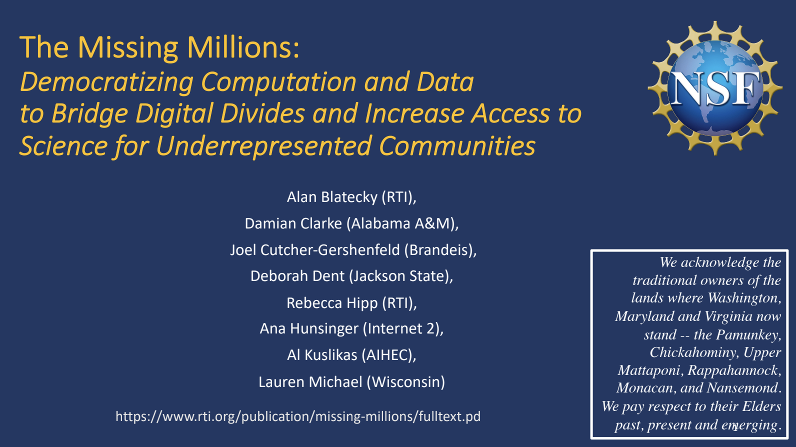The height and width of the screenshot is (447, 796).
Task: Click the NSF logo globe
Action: (x=715, y=88)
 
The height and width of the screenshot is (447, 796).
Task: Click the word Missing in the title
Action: (x=127, y=48)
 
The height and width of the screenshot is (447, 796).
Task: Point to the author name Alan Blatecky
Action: (x=332, y=197)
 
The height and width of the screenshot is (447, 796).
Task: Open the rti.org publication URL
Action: (x=298, y=416)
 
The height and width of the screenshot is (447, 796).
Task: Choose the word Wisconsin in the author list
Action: (x=405, y=382)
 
